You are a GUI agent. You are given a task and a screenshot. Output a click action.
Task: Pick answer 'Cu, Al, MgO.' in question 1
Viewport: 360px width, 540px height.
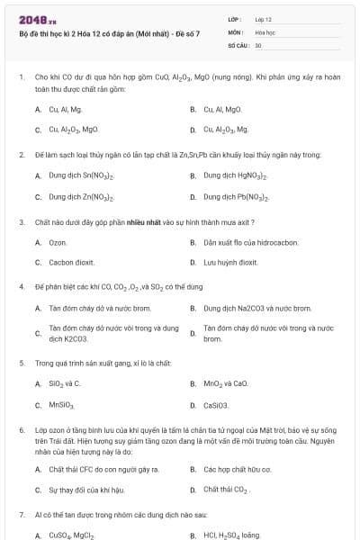point(222,109)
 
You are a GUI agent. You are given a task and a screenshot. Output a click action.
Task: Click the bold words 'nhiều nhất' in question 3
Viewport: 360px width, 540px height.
point(143,220)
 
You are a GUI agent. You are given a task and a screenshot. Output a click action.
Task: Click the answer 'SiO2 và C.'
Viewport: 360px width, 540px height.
point(65,383)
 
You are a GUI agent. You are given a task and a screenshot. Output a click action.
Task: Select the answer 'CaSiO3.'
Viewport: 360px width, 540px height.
point(216,404)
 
